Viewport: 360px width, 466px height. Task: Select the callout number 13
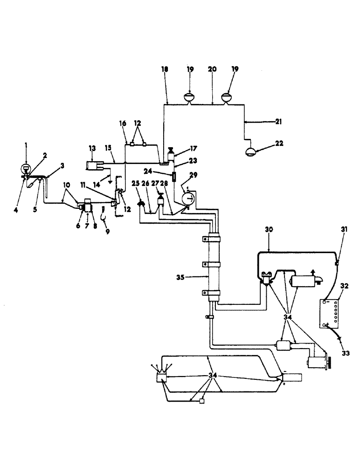pyautogui.click(x=91, y=148)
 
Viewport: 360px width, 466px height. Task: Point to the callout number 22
pyautogui.click(x=279, y=144)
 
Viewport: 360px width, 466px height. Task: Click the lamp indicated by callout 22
pyautogui.click(x=251, y=151)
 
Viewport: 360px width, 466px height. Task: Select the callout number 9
pyautogui.click(x=107, y=231)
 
